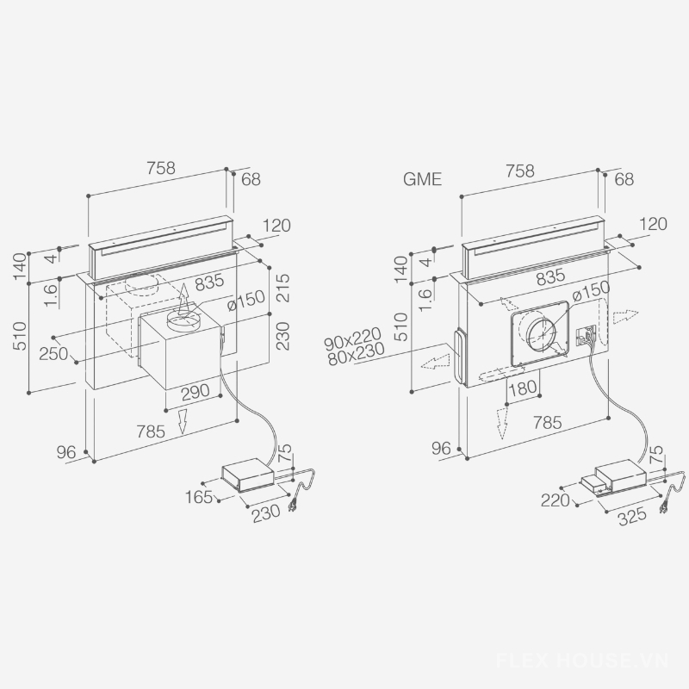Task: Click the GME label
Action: pyautogui.click(x=422, y=179)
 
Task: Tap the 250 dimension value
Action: pyautogui.click(x=53, y=353)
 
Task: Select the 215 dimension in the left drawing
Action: pyautogui.click(x=283, y=288)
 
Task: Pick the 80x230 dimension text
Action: pyautogui.click(x=357, y=354)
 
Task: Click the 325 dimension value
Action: pyautogui.click(x=632, y=516)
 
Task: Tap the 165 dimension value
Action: pyautogui.click(x=199, y=498)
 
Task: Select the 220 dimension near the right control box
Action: pyautogui.click(x=555, y=500)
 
